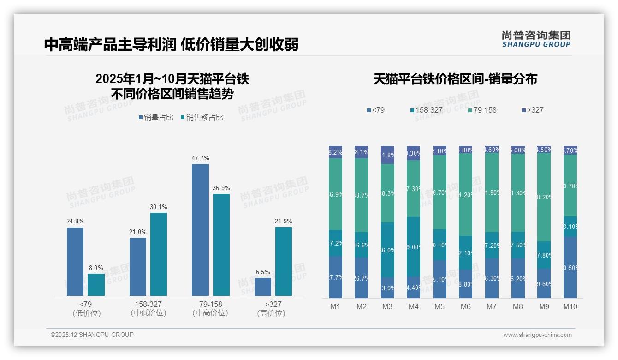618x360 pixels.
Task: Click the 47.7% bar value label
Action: click(200, 158)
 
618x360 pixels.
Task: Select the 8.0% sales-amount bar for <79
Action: click(96, 285)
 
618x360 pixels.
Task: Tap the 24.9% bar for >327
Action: click(284, 261)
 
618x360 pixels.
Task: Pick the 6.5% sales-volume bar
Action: click(263, 287)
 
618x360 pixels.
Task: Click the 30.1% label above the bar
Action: click(159, 207)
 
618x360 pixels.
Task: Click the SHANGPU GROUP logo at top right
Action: click(536, 39)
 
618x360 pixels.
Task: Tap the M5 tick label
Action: click(440, 306)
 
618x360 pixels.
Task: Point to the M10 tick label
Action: click(570, 306)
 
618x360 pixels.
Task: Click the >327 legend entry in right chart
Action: click(533, 110)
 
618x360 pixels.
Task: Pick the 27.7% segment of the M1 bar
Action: click(335, 277)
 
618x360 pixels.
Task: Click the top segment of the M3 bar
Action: click(387, 155)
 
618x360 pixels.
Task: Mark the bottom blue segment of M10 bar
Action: click(570, 267)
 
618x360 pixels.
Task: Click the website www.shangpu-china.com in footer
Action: click(537, 335)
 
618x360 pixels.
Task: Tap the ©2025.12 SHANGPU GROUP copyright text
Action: click(92, 335)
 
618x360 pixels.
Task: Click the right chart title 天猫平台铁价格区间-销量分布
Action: click(455, 79)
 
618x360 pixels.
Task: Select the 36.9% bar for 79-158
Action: click(221, 245)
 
